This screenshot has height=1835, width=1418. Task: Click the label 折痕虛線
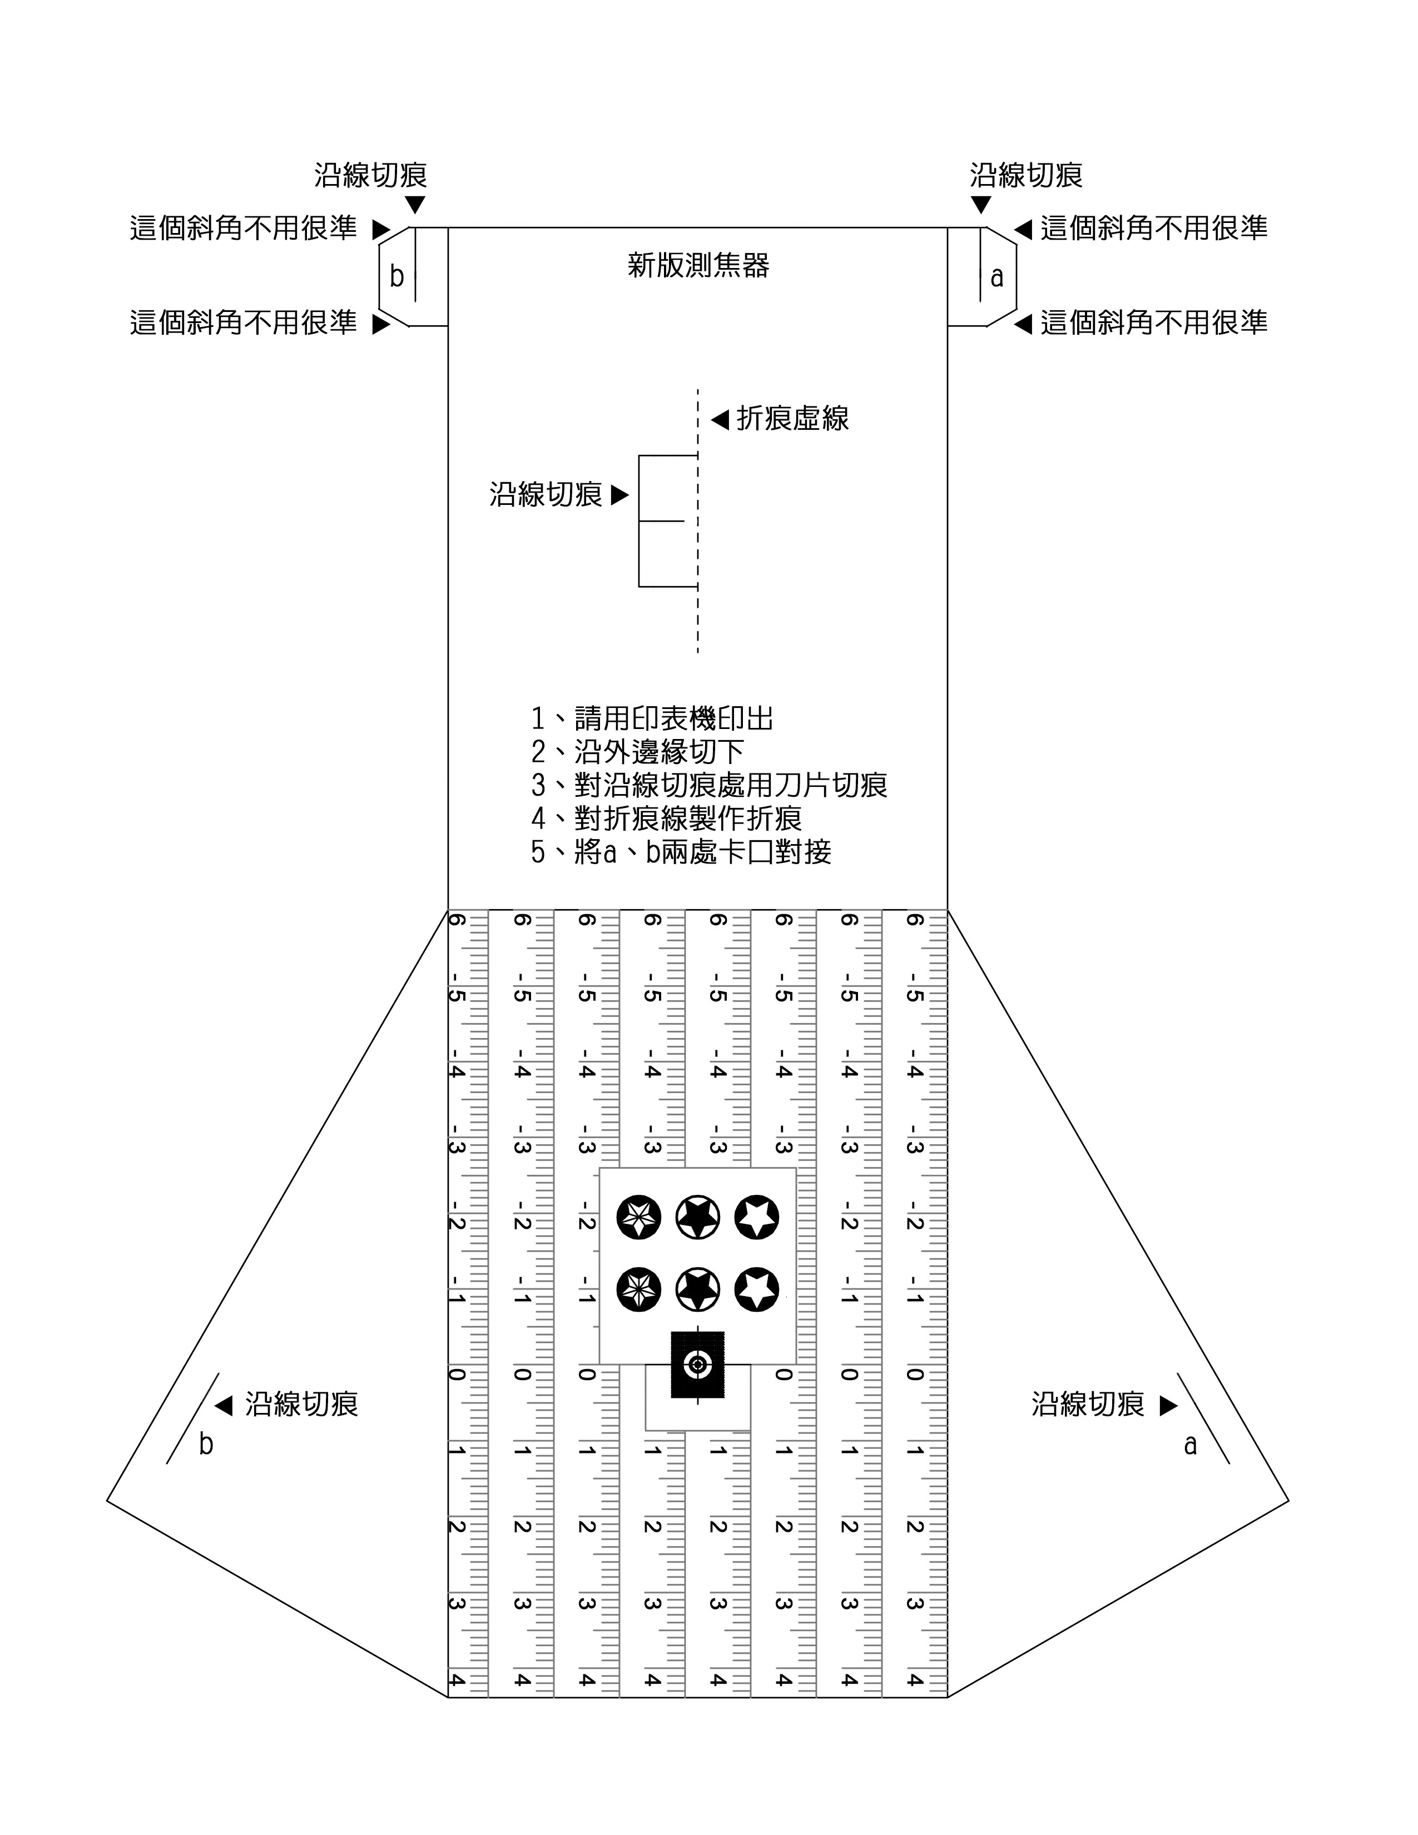(x=792, y=418)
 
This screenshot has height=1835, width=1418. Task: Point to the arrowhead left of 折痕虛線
(x=720, y=418)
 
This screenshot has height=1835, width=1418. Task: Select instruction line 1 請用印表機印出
(x=652, y=718)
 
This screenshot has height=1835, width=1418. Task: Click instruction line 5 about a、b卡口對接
(x=681, y=852)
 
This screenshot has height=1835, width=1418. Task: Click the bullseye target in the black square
(x=697, y=1365)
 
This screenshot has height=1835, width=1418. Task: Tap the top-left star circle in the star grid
(x=638, y=1217)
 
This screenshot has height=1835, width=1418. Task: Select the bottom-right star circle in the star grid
(x=757, y=1290)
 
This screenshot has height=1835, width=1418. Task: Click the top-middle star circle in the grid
(x=698, y=1217)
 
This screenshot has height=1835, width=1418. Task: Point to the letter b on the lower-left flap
(x=206, y=1444)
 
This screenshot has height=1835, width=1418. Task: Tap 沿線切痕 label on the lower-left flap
(x=301, y=1404)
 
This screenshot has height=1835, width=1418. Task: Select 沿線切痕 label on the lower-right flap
(x=1088, y=1404)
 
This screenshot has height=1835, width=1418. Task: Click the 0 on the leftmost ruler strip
(x=456, y=1375)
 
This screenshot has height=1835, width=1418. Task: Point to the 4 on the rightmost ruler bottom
(x=915, y=1680)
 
